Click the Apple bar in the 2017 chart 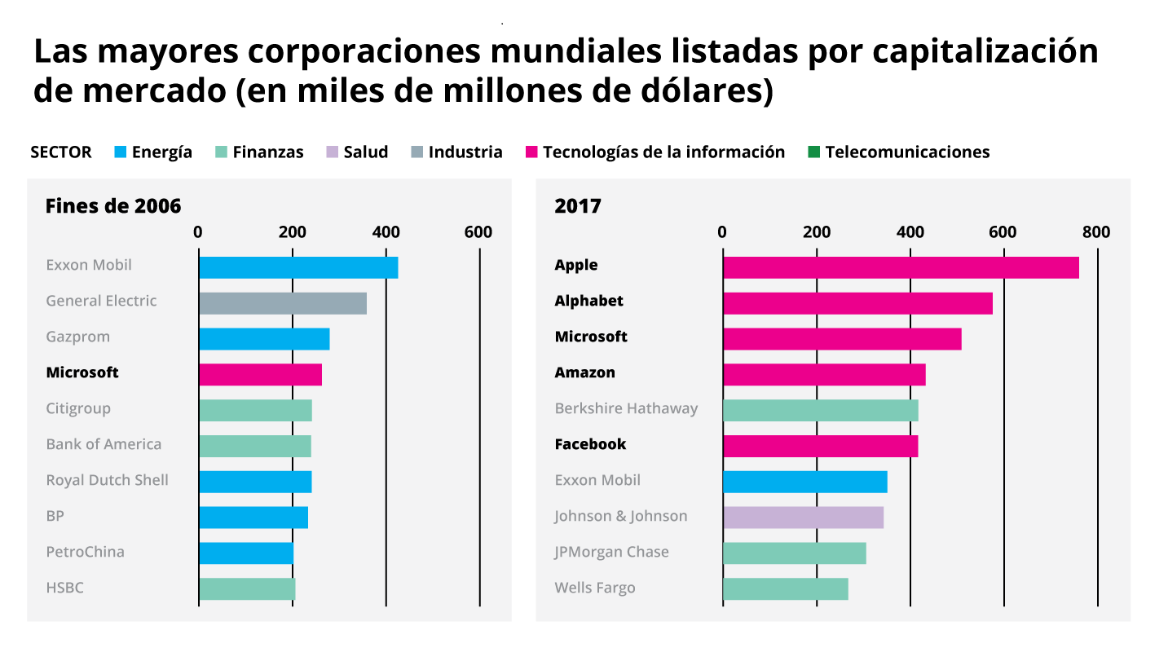[x=900, y=267]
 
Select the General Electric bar [x=282, y=303]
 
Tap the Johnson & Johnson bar [x=803, y=517]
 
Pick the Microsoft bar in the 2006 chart [x=260, y=375]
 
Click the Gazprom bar [x=264, y=339]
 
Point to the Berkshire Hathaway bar [x=820, y=410]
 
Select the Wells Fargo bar [x=785, y=588]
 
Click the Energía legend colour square [x=121, y=152]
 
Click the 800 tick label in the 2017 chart [x=1096, y=232]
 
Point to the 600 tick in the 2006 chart [x=478, y=232]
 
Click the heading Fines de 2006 [x=112, y=206]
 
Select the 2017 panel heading [x=577, y=206]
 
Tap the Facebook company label [x=590, y=444]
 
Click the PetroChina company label [x=85, y=552]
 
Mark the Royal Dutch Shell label [x=107, y=480]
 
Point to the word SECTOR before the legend [x=60, y=152]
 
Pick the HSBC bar [x=247, y=588]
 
